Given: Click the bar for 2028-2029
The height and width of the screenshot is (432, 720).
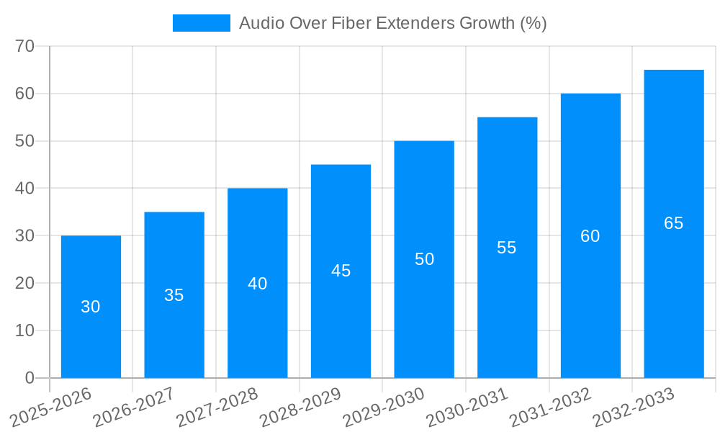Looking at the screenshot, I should tap(341, 317).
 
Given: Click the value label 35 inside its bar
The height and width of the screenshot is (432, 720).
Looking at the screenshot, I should tap(174, 295).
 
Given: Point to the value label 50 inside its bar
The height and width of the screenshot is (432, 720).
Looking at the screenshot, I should tap(425, 259).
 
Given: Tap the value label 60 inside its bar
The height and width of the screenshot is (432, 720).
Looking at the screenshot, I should tap(590, 236).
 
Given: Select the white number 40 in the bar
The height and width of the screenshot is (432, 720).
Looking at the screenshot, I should tap(258, 284).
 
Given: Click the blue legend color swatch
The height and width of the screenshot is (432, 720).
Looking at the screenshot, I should tap(201, 23).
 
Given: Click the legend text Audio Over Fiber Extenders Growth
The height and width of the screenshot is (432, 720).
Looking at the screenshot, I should tap(392, 23).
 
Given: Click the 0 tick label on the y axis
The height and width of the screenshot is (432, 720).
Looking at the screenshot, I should tap(30, 378).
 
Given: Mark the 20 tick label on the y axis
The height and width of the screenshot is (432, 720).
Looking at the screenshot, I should tap(25, 283).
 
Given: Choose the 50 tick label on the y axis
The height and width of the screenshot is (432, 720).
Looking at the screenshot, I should tap(25, 141).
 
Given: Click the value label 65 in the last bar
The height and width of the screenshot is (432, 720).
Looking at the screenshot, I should tap(673, 223).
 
